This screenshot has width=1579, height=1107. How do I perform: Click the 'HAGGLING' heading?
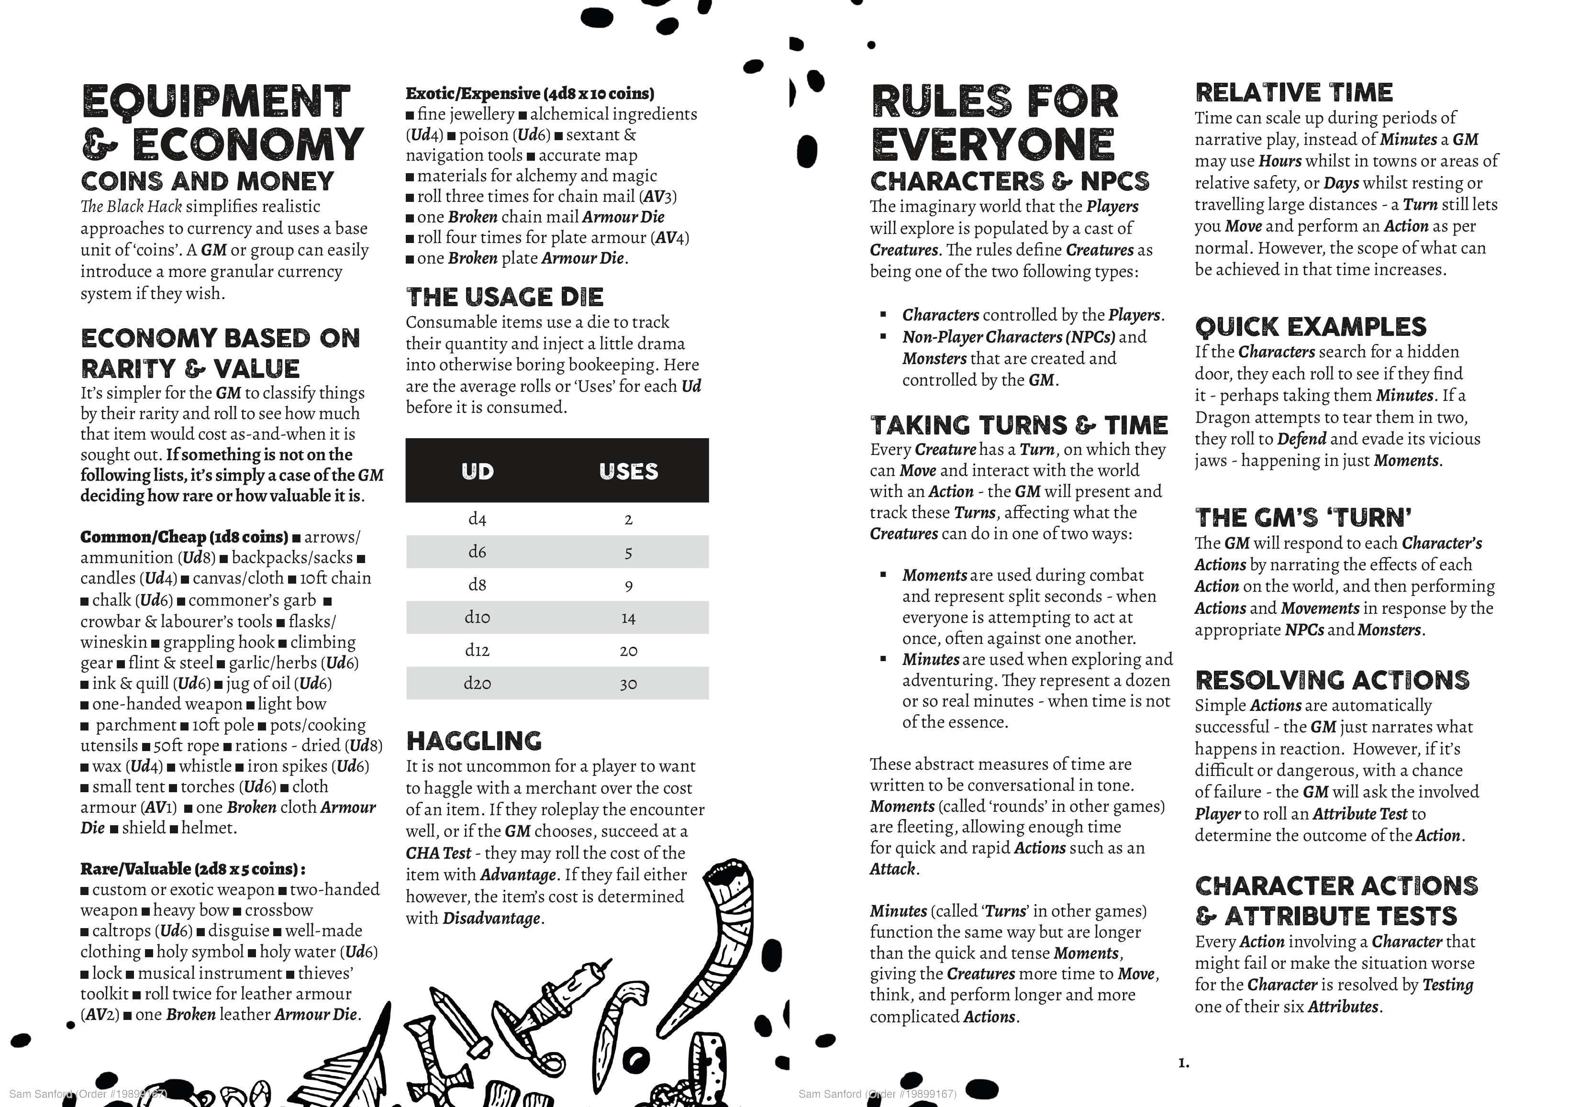474,741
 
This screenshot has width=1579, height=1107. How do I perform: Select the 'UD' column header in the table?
477,471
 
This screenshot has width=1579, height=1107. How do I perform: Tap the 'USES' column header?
628,471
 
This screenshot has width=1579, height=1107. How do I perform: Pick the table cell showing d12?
477,650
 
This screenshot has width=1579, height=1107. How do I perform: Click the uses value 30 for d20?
628,684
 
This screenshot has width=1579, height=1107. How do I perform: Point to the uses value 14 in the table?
628,618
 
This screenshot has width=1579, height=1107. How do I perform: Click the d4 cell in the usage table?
477,519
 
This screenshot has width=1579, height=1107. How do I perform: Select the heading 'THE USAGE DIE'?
505,297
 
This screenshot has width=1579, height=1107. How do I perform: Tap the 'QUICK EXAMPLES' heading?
1310,327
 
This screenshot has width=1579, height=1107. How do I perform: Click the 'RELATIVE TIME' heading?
1294,92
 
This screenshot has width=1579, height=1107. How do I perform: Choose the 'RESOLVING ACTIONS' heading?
1332,680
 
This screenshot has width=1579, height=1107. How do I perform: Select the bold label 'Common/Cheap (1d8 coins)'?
184,537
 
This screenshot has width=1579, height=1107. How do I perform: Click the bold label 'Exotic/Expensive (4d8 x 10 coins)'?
530,93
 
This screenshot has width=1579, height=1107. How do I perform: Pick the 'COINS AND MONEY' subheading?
207,181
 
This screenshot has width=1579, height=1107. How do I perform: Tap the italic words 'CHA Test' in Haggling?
438,853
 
